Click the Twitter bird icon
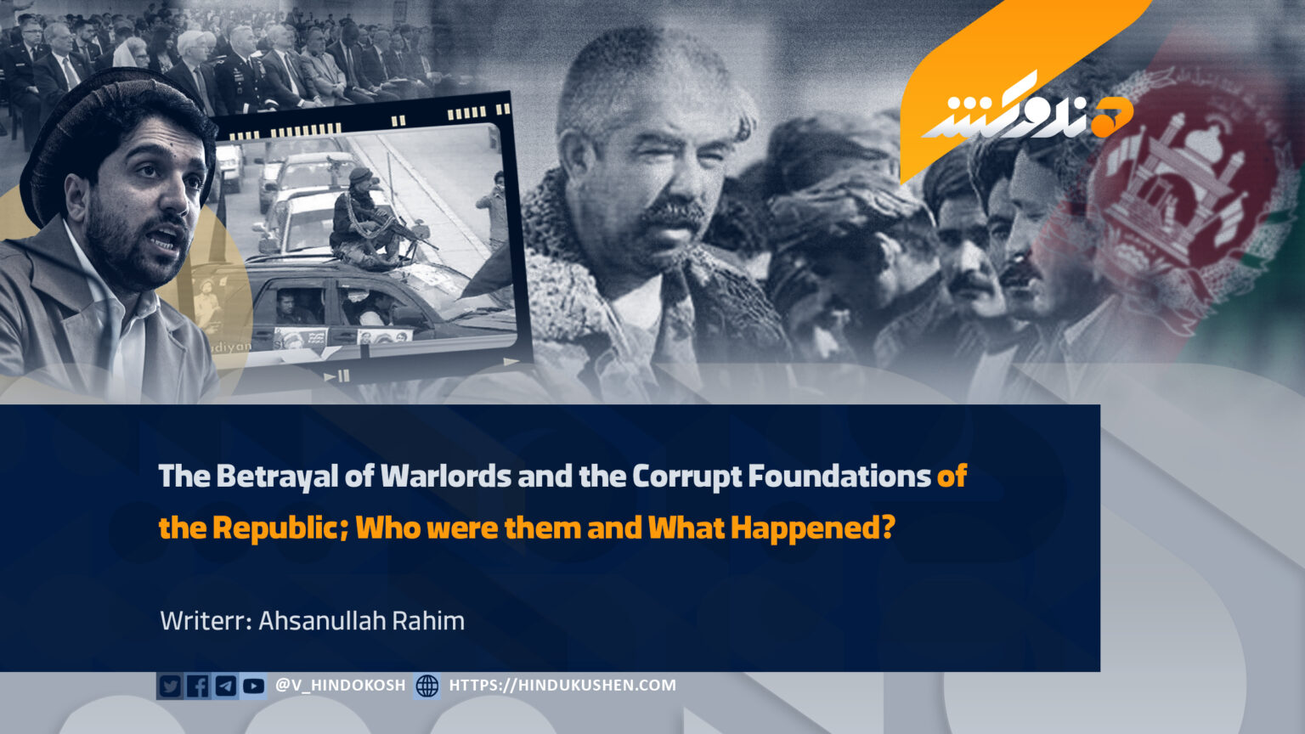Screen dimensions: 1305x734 170,686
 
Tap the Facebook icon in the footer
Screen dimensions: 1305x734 197,686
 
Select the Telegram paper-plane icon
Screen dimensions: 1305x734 225,686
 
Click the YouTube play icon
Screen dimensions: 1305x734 253,686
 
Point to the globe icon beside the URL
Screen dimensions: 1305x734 427,686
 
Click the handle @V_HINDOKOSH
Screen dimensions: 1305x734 340,685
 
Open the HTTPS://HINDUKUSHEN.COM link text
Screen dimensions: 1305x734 562,685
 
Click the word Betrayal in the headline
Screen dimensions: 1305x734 277,477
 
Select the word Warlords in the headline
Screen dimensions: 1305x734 446,476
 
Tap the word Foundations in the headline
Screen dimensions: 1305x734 839,476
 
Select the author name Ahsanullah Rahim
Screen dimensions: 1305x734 361,621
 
